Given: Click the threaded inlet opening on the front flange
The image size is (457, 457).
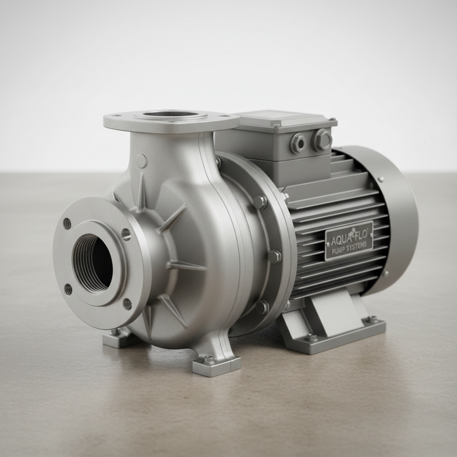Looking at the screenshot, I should point(92,263).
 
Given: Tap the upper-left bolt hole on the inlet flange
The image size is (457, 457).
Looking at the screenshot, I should point(67,224).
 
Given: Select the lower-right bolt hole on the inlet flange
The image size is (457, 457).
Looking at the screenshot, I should point(127,304).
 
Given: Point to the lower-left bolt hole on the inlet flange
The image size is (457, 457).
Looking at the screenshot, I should point(68,290).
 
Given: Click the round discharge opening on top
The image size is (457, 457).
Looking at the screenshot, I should point(170,114).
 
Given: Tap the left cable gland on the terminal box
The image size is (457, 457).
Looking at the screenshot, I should point(297,143).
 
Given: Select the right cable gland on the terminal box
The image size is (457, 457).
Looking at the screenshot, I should point(322,140).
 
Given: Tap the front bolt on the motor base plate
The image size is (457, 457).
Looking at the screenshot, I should point(311,338).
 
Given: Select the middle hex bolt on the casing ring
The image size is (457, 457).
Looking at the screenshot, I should point(274,257).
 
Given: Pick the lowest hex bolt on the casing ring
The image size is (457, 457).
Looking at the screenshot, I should point(262,307).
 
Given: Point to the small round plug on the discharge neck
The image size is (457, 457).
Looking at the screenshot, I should point(141,161).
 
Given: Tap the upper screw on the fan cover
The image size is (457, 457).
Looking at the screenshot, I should point(381,179).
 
